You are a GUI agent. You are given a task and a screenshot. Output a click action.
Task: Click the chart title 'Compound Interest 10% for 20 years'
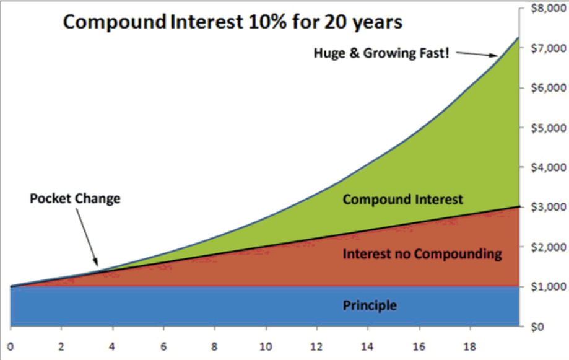(233, 22)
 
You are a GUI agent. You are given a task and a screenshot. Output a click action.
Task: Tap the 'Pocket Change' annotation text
(75, 199)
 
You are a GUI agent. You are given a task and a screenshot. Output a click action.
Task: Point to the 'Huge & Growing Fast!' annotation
(381, 53)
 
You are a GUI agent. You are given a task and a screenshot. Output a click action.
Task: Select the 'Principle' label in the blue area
(370, 305)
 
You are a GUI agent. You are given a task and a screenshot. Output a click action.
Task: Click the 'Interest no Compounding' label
(422, 253)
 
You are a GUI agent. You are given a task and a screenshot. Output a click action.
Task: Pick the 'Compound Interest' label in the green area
(403, 200)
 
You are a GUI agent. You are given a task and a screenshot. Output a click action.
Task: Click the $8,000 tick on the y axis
(549, 8)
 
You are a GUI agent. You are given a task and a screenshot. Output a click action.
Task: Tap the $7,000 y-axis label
(549, 48)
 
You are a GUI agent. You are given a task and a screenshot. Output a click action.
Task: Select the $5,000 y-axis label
(549, 128)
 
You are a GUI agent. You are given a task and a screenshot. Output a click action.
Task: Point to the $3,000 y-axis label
(549, 207)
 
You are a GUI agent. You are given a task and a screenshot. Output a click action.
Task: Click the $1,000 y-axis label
(549, 287)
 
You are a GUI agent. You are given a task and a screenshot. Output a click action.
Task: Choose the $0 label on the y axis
(537, 327)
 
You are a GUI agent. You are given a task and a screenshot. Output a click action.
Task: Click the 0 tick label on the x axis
(10, 347)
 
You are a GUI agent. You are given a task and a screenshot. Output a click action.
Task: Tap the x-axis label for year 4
(112, 347)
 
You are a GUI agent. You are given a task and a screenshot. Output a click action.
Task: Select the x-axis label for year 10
(266, 347)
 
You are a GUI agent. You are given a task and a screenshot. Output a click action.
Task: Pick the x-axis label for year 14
(367, 347)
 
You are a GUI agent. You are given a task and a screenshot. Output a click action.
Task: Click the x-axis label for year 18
(469, 347)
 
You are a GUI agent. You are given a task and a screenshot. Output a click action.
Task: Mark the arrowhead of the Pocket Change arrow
(96, 262)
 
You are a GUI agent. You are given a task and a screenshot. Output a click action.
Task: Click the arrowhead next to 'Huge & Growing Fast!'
(493, 55)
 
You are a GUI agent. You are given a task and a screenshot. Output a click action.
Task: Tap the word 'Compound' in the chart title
(115, 22)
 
